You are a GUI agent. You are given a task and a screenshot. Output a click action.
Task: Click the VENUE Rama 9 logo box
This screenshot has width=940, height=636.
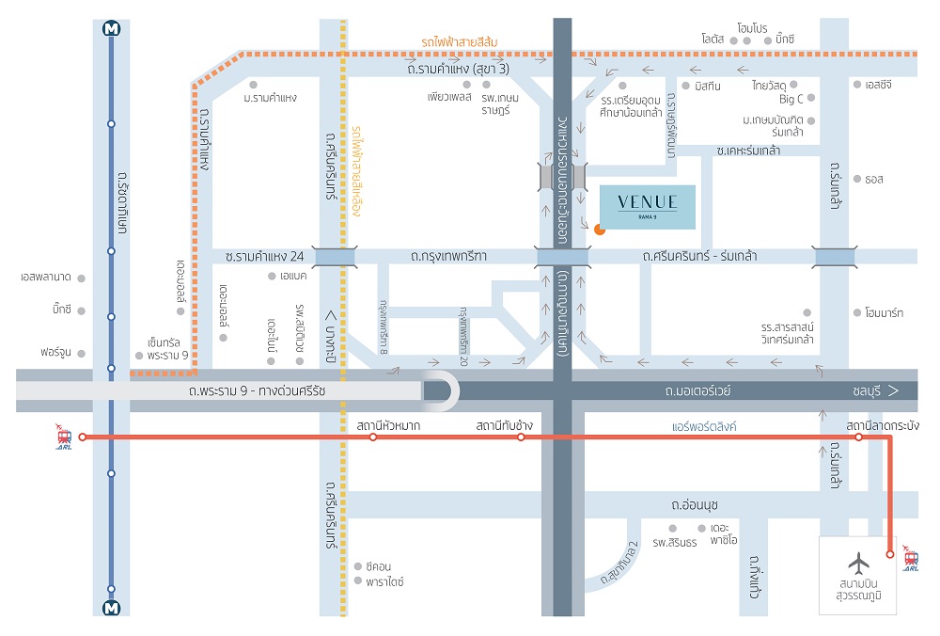[x=648, y=207]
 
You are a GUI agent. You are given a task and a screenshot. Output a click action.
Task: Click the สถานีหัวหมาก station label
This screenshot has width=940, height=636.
[x=388, y=426]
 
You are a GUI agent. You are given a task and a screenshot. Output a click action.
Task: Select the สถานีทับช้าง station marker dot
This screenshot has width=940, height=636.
[x=521, y=437]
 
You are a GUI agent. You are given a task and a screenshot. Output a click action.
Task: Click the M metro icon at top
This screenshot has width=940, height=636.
[x=112, y=28]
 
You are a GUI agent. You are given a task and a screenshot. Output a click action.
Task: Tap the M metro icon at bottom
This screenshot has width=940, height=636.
[x=112, y=607]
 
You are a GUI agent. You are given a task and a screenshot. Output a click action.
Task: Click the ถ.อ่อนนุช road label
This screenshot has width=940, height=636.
[x=695, y=504]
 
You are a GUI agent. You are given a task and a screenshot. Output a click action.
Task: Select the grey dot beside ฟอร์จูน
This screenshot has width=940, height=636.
[x=82, y=354]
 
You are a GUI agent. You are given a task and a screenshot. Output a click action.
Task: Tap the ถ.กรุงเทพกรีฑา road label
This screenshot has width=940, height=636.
[x=448, y=256]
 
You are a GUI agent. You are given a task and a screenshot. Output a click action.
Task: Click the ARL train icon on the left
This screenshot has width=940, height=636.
[x=64, y=437]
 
